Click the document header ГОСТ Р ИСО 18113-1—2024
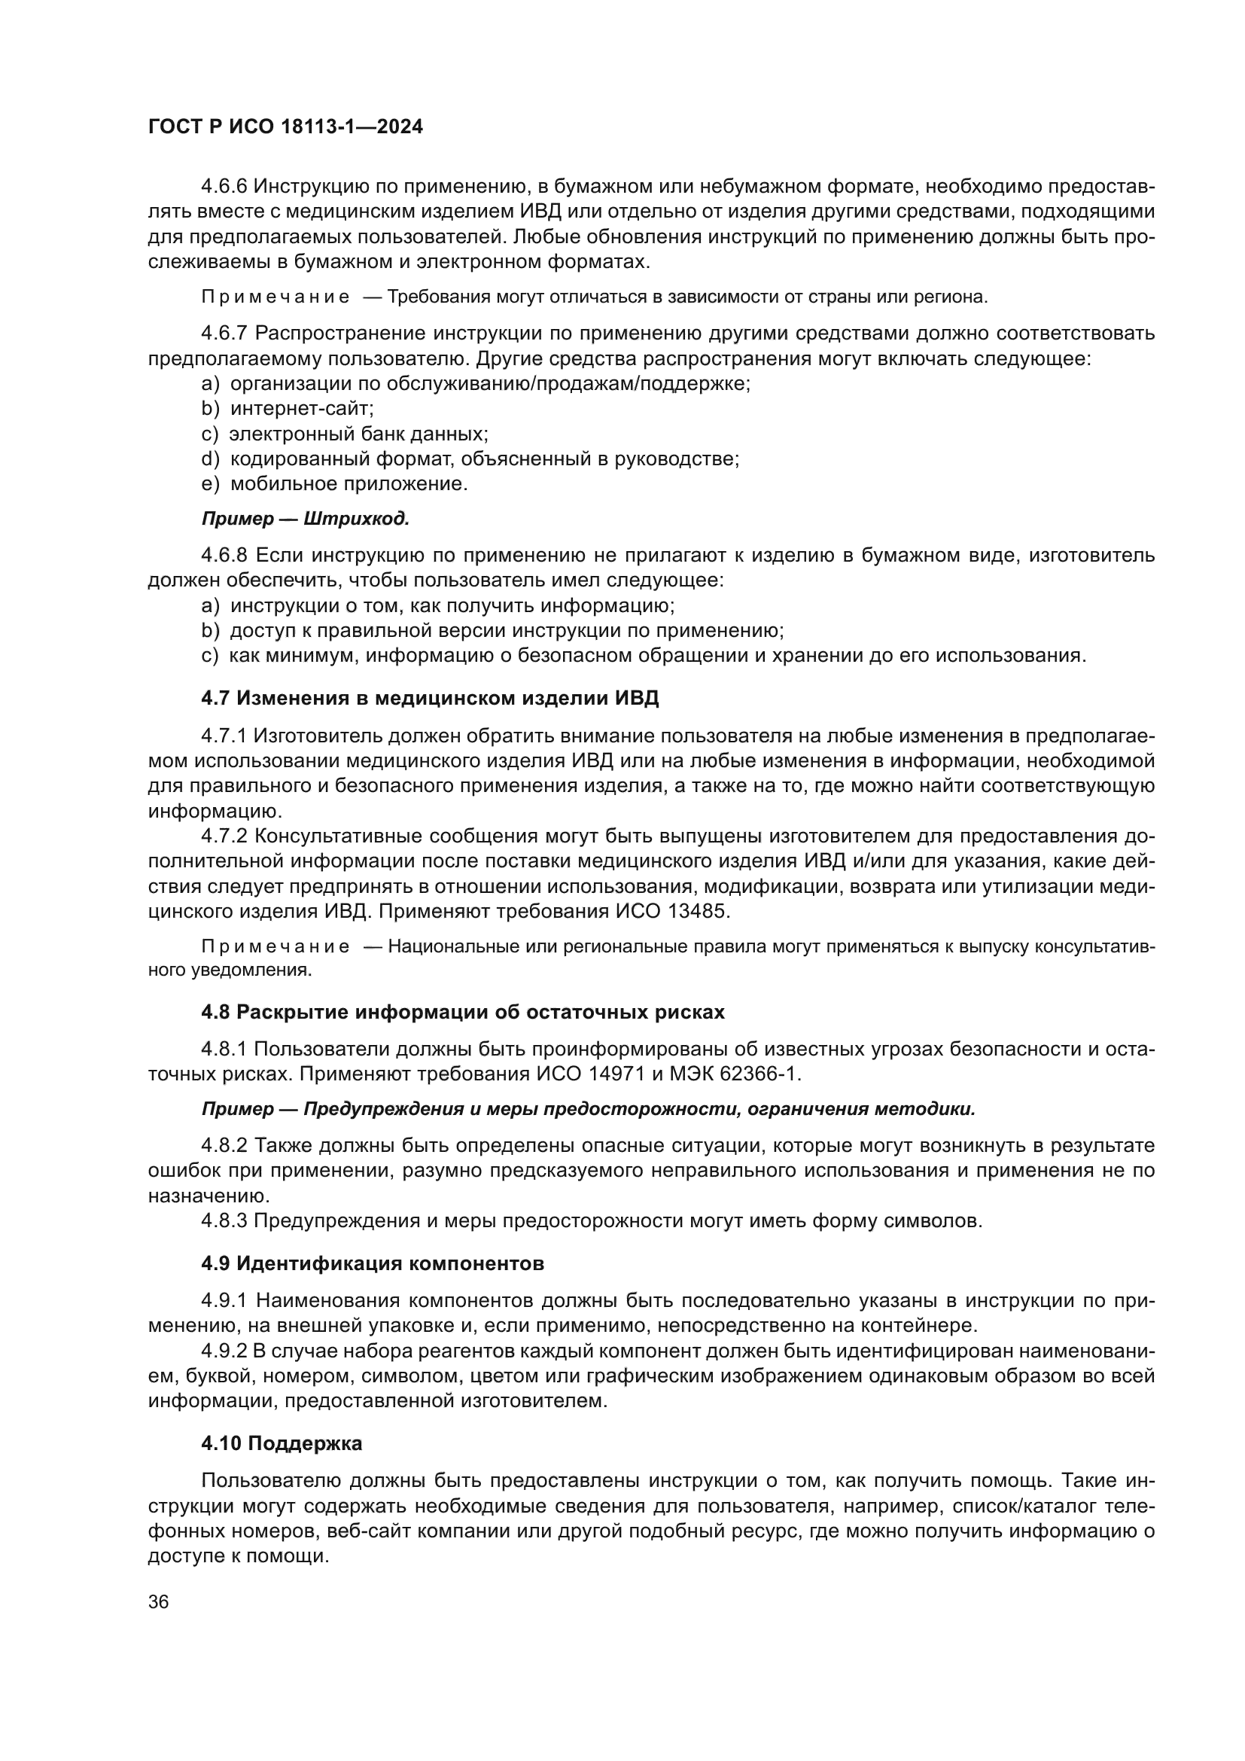285,126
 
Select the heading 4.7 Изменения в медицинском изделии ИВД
430,698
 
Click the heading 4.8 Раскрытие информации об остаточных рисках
462,1012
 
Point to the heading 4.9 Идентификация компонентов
373,1263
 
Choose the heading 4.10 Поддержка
282,1443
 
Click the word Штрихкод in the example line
357,519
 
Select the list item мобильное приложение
349,484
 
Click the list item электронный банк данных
359,434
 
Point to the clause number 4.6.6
224,187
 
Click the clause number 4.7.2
224,836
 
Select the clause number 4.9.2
224,1351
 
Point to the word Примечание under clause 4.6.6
275,297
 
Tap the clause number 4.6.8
224,556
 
